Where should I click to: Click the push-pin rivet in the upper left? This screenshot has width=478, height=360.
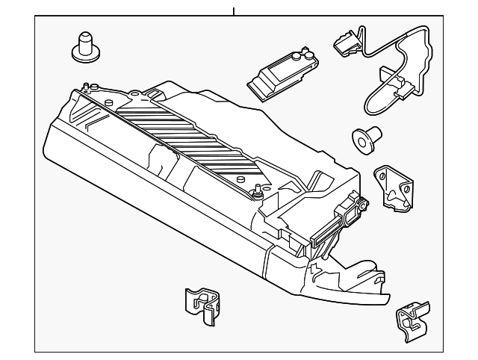[x=85, y=47]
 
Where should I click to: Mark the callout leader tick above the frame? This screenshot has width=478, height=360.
[x=234, y=11]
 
